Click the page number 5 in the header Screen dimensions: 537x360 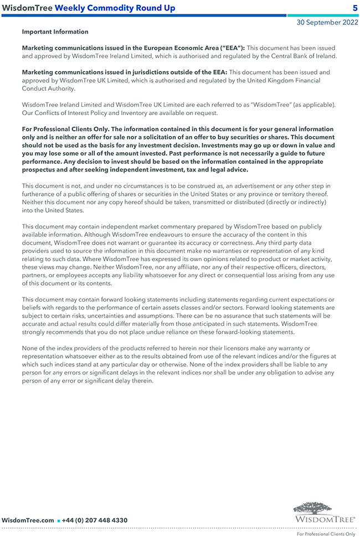pyautogui.click(x=354, y=8)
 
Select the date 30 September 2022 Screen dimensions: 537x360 pyautogui.click(x=326, y=23)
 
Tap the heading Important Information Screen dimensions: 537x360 pyautogui.click(x=55, y=32)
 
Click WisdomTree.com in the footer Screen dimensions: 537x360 pyautogui.click(x=28, y=520)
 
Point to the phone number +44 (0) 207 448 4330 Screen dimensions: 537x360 pyautogui.click(x=95, y=520)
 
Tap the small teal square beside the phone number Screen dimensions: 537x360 pyautogui.click(x=58, y=521)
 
